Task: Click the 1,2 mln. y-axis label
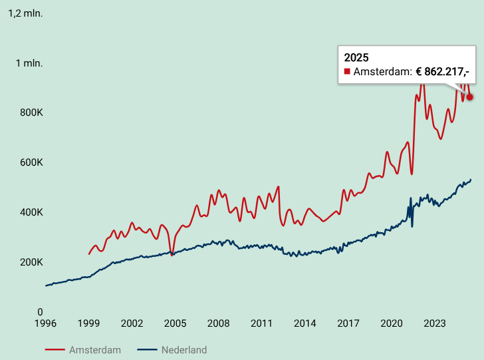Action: pyautogui.click(x=25, y=13)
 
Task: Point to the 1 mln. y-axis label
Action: pyautogui.click(x=29, y=63)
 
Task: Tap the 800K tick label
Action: pyautogui.click(x=31, y=112)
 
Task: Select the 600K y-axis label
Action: pyautogui.click(x=31, y=162)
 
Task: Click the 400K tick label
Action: pyautogui.click(x=31, y=212)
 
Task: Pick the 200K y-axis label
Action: pyautogui.click(x=31, y=262)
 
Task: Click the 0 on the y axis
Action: pyautogui.click(x=40, y=312)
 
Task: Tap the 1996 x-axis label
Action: pyautogui.click(x=45, y=323)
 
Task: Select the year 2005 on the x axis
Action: pyautogui.click(x=175, y=323)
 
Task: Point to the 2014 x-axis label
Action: pyautogui.click(x=305, y=323)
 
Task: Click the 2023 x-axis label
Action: pyautogui.click(x=435, y=323)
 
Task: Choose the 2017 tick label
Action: pyautogui.click(x=348, y=323)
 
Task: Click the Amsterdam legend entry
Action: pyautogui.click(x=82, y=350)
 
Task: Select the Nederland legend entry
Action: pyautogui.click(x=172, y=350)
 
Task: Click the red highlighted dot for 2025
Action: pyautogui.click(x=470, y=97)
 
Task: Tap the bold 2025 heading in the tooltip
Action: pyautogui.click(x=356, y=58)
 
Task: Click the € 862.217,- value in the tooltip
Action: pyautogui.click(x=442, y=72)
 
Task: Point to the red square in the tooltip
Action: pyautogui.click(x=347, y=72)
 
